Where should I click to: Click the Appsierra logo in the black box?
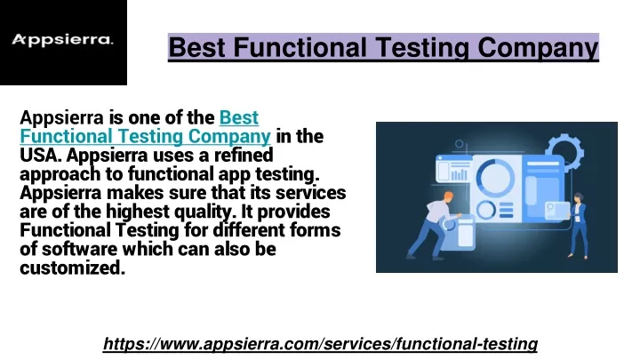(x=62, y=40)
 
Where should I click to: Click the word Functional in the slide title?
(x=300, y=47)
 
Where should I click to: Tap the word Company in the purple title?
(x=538, y=48)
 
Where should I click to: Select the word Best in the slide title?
(x=197, y=47)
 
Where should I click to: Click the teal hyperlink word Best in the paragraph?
(x=239, y=118)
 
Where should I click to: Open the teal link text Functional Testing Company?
(x=145, y=137)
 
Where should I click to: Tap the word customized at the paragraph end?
(x=72, y=268)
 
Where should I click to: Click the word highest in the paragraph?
(x=138, y=212)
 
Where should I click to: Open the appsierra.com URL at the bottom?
(x=320, y=344)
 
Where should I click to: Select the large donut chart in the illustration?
(x=495, y=178)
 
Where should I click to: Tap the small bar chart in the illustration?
(x=459, y=175)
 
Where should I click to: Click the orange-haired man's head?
(x=448, y=198)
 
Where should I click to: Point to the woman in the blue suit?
(x=579, y=226)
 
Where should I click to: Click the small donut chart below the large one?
(x=485, y=211)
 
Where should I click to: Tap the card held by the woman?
(x=557, y=211)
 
